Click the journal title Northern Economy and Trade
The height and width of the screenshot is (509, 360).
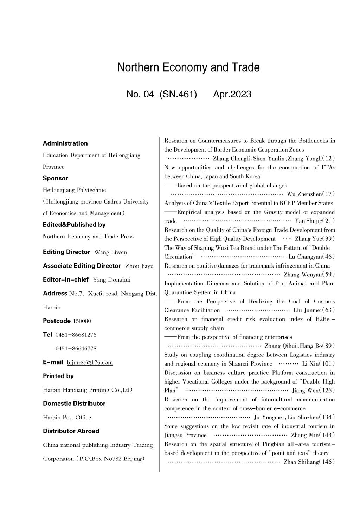(x=188, y=67)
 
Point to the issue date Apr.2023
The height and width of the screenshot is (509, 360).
(x=232, y=94)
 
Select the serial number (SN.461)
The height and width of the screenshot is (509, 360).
(x=178, y=94)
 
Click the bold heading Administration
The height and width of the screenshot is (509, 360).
(x=65, y=143)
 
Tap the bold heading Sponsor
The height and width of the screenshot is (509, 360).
(x=55, y=178)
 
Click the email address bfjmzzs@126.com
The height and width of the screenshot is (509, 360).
(x=90, y=362)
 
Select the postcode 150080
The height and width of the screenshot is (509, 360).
(x=82, y=321)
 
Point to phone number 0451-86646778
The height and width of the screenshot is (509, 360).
(x=76, y=348)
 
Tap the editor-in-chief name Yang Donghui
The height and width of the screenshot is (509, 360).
(x=111, y=280)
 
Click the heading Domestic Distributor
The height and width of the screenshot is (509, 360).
(x=74, y=403)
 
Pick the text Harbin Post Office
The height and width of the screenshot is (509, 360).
(x=67, y=417)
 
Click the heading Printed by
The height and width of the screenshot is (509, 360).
(x=58, y=376)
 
